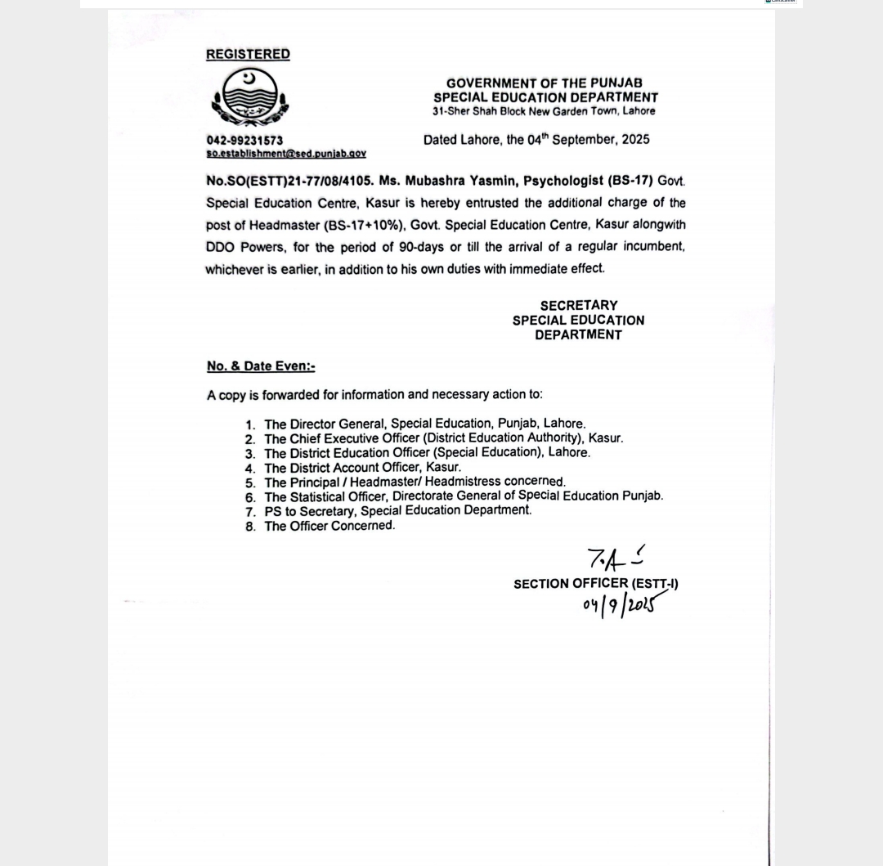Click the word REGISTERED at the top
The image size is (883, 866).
[248, 54]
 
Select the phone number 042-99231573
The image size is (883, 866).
[244, 140]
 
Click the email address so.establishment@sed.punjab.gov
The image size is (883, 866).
[286, 153]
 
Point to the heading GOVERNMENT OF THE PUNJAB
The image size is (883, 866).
[544, 83]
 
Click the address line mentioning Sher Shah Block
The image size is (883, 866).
[544, 111]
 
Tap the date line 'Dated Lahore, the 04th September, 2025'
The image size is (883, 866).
[536, 140]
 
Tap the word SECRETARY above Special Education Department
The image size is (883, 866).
[578, 306]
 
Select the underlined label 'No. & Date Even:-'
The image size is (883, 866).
[261, 366]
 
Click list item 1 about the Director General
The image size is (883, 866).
[424, 424]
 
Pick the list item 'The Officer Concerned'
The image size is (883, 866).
[329, 526]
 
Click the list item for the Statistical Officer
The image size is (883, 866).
[464, 496]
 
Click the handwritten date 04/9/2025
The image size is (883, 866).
[620, 606]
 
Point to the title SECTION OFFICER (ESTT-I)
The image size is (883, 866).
[595, 584]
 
